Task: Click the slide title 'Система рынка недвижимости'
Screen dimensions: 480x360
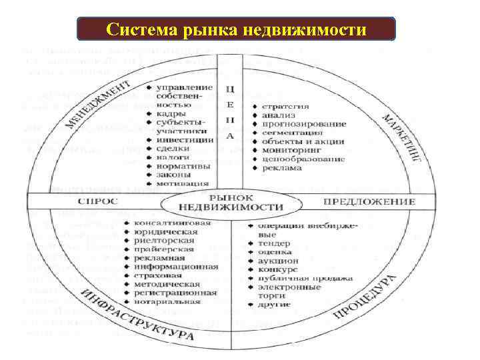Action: click(237, 30)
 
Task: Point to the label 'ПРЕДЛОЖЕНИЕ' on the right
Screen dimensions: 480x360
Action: click(369, 201)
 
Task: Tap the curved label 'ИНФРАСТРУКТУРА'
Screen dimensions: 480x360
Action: click(137, 314)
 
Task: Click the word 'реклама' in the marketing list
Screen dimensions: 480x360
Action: click(282, 168)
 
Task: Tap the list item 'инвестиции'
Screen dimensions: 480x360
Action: click(185, 140)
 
